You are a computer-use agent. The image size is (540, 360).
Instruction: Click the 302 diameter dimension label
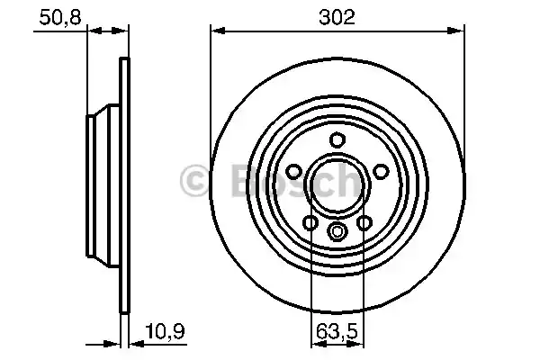(x=337, y=15)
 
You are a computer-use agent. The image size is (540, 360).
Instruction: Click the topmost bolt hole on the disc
(x=337, y=139)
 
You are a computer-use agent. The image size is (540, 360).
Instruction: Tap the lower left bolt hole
(x=310, y=223)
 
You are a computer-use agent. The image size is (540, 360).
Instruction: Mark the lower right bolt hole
(x=364, y=223)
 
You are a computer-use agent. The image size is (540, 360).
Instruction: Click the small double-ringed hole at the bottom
(x=337, y=232)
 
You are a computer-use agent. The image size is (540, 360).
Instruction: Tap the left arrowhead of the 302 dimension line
(x=216, y=31)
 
